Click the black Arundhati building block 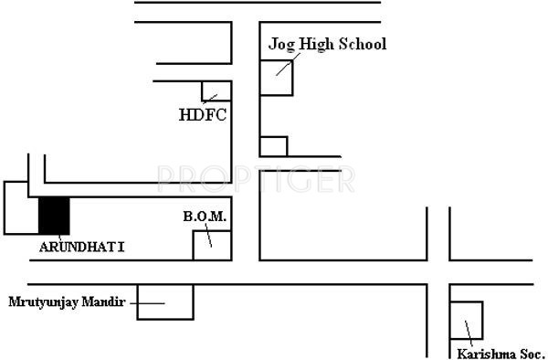pyautogui.click(x=54, y=216)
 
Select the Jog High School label pyautogui.click(x=327, y=44)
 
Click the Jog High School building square pyautogui.click(x=277, y=77)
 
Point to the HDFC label pyautogui.click(x=202, y=115)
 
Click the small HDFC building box pyautogui.click(x=216, y=90)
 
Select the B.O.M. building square pyautogui.click(x=210, y=245)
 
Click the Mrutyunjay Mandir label pyautogui.click(x=67, y=301)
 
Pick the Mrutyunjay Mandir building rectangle pyautogui.click(x=165, y=302)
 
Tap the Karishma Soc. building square pyautogui.click(x=467, y=320)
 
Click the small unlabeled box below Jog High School pyautogui.click(x=273, y=146)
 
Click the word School pyautogui.click(x=364, y=44)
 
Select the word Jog pyautogui.click(x=279, y=45)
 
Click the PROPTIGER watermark pyautogui.click(x=256, y=179)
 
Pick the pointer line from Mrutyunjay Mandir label pyautogui.click(x=146, y=302)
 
